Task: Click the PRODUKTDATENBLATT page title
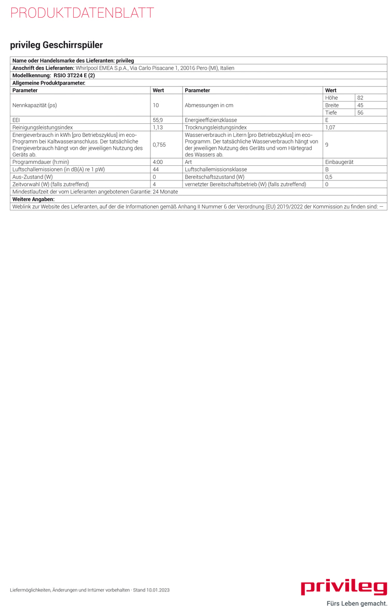coord(82,13)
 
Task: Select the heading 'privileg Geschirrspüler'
coord(57,45)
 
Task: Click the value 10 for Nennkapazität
coord(156,105)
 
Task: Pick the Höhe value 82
coord(360,97)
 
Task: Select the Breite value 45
coord(360,105)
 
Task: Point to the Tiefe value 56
coord(360,112)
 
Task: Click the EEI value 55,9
coord(158,120)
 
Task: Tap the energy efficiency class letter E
coord(327,120)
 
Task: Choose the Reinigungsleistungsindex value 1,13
coord(158,127)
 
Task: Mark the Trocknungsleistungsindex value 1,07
coord(331,127)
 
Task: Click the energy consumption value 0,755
coord(159,145)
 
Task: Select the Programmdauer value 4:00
coord(158,162)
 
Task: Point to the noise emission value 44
coord(156,169)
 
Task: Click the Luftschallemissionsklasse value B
coord(327,169)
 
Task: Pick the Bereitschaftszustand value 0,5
coord(328,177)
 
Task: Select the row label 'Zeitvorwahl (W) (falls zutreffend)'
coord(50,184)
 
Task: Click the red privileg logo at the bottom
coord(344,587)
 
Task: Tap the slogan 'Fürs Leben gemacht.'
coord(357,603)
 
